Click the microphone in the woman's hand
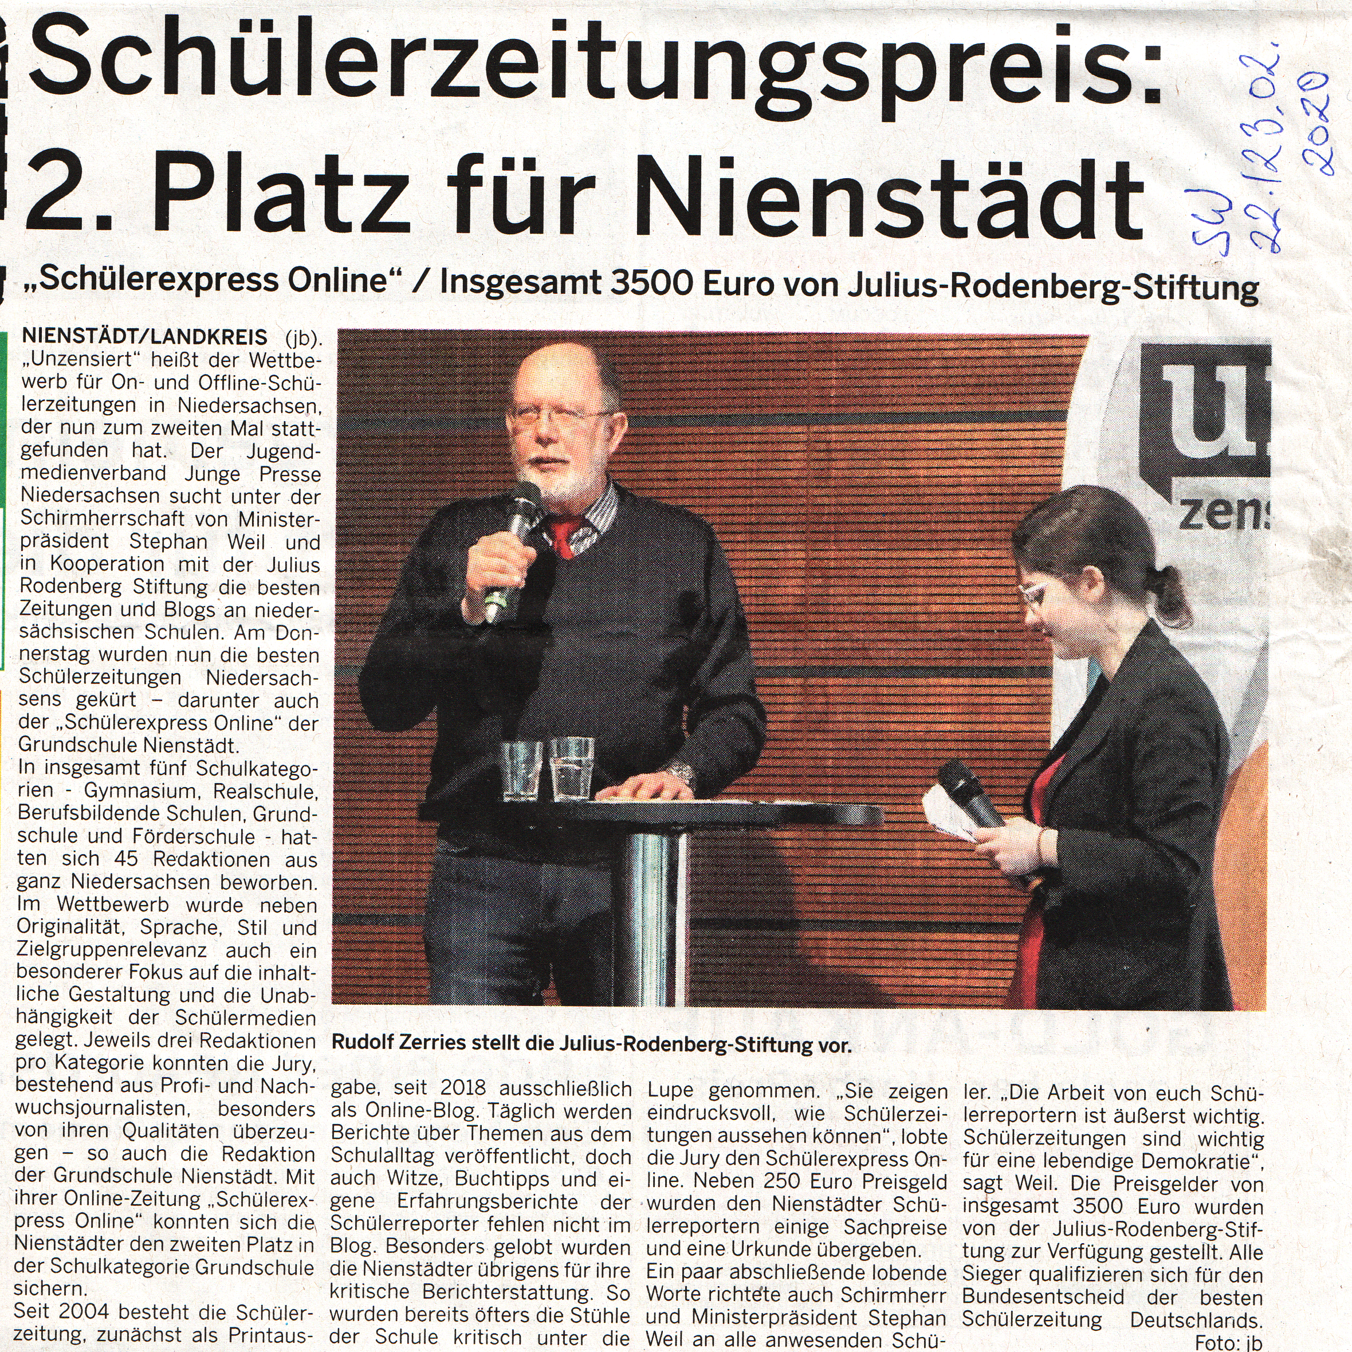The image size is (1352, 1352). point(969,793)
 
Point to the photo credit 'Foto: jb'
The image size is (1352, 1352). point(1228,1342)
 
